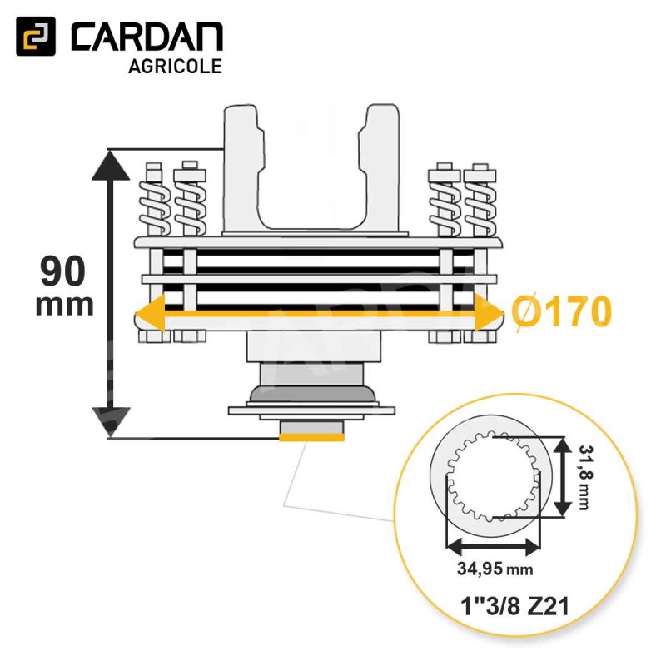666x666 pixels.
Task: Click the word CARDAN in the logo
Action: point(147,37)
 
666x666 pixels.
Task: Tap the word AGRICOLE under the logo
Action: point(175,67)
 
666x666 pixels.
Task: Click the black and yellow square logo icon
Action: point(36,37)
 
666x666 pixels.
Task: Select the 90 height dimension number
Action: point(63,272)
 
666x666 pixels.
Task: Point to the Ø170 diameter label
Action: point(561,311)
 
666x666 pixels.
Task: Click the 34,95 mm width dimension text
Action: point(495,569)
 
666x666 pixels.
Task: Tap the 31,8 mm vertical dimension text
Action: point(585,476)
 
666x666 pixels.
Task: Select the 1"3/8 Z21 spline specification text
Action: point(514,606)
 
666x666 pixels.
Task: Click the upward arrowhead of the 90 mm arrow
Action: point(111,165)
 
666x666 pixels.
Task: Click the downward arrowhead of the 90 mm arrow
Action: point(111,421)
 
